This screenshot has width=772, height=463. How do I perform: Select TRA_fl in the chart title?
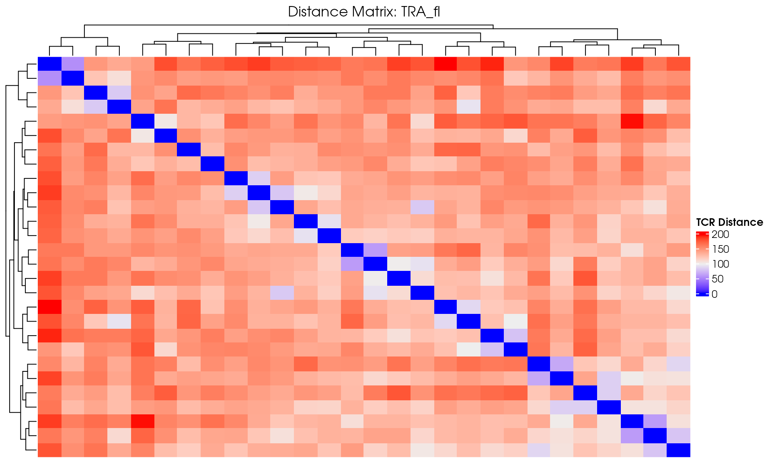421,12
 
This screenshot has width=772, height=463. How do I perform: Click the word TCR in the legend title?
706,222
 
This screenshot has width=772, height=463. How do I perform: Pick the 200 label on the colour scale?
720,234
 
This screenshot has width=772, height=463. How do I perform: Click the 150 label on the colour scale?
720,249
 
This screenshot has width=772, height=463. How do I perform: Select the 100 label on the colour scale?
720,264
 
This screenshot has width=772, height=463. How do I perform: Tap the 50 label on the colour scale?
718,279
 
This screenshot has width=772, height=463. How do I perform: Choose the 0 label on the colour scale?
715,294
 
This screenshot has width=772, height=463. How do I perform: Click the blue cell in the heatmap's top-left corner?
49,64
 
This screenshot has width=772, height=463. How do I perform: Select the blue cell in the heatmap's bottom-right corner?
679,450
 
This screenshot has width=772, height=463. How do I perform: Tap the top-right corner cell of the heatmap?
679,64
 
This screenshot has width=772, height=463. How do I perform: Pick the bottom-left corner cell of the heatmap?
49,450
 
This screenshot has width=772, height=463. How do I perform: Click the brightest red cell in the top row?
446,64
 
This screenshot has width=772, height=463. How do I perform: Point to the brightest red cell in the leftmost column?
49,307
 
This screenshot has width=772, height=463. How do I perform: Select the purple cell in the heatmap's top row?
73,64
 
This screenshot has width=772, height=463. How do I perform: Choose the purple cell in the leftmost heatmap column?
49,78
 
